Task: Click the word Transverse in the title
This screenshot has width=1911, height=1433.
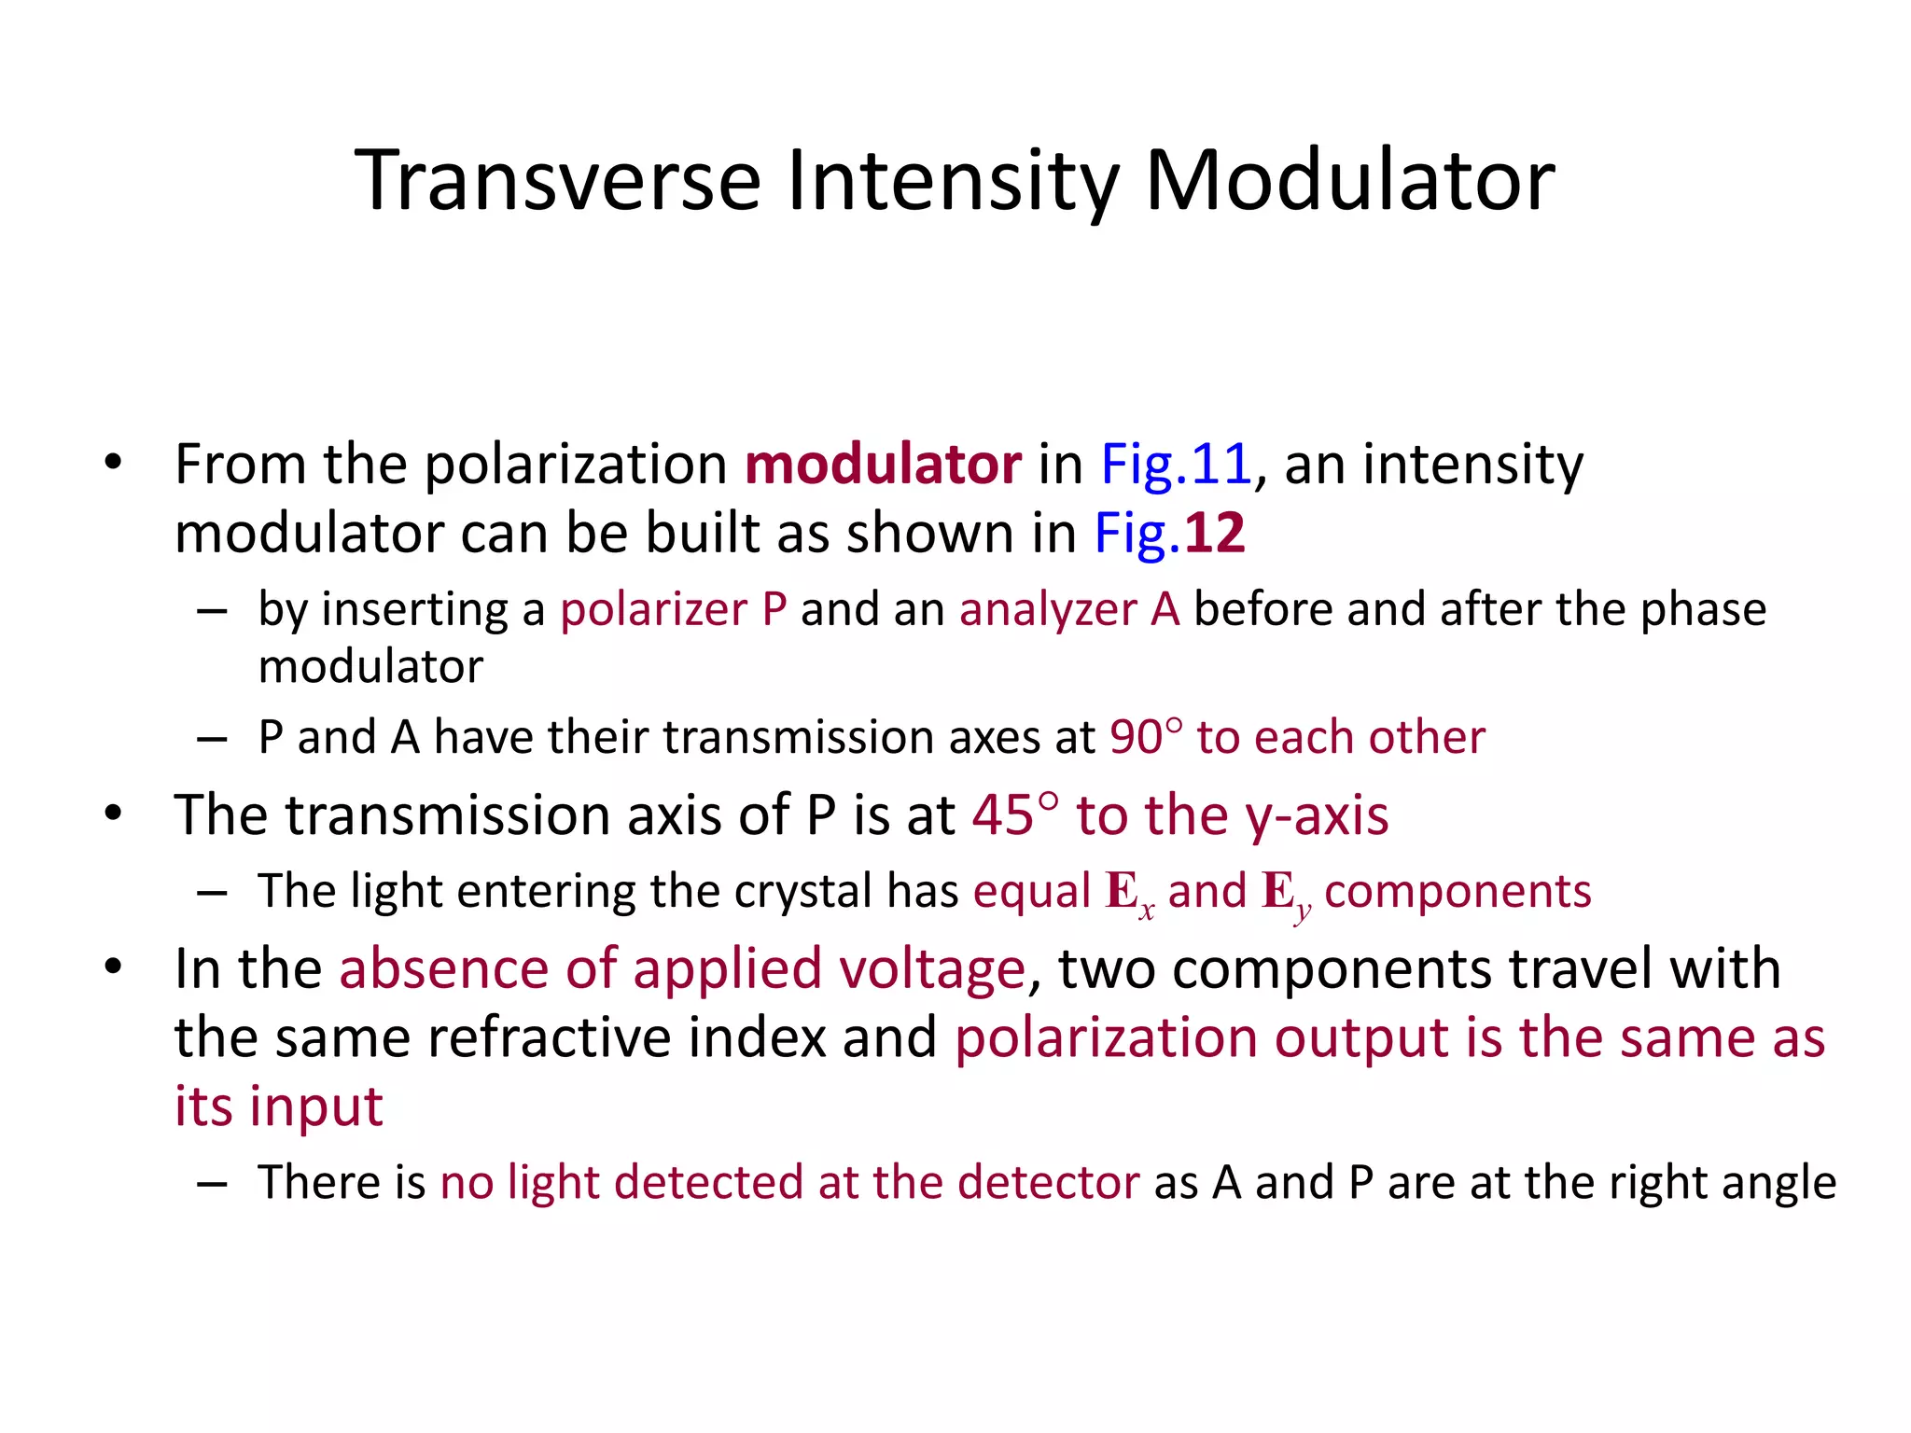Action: pyautogui.click(x=558, y=180)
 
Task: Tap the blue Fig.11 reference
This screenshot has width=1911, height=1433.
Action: pyautogui.click(x=1176, y=464)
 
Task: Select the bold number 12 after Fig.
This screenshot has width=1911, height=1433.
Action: pyautogui.click(x=1215, y=533)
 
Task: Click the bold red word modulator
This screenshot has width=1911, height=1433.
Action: pyautogui.click(x=883, y=464)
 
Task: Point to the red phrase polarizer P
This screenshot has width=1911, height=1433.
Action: pyautogui.click(x=673, y=609)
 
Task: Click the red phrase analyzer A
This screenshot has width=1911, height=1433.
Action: pyautogui.click(x=1069, y=609)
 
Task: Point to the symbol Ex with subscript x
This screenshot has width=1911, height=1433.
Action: pyautogui.click(x=1129, y=893)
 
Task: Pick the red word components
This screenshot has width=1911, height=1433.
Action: pyautogui.click(x=1458, y=891)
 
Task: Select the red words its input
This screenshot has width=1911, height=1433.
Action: pyautogui.click(x=278, y=1106)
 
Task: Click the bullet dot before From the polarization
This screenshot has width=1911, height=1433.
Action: pyautogui.click(x=114, y=462)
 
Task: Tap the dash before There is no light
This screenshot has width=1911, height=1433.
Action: pyautogui.click(x=213, y=1183)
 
